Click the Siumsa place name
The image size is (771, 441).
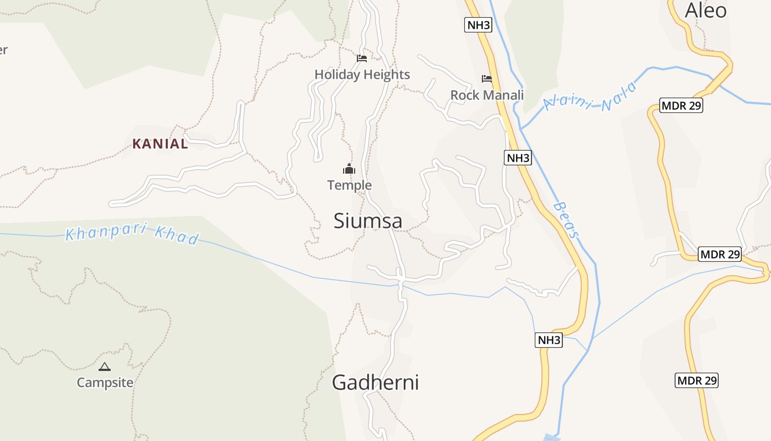coord(368,221)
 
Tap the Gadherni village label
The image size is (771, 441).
coord(375,383)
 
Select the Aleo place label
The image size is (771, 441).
coord(705,10)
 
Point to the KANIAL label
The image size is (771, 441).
coord(160,144)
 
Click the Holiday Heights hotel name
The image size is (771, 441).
coord(362,74)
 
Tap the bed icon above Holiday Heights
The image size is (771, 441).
coord(362,58)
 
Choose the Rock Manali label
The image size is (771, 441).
coord(487,95)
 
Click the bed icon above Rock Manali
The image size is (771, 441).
coord(487,79)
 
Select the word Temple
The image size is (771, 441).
coord(349,185)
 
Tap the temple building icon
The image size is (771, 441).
coord(349,169)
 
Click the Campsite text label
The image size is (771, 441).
coord(105,382)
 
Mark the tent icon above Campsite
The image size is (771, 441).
coord(105,367)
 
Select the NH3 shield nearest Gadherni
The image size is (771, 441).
coord(549,340)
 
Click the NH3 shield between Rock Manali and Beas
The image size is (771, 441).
coord(518,158)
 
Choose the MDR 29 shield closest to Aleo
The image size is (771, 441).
coord(681,105)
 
